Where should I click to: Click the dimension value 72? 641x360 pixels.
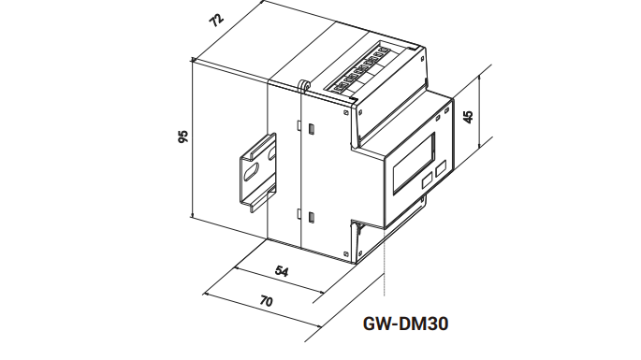coord(216,20)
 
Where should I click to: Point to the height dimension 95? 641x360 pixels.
coord(183,137)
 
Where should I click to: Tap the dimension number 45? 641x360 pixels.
coord(469,117)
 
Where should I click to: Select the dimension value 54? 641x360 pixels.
coord(282,271)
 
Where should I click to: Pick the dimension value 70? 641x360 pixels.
coord(266,301)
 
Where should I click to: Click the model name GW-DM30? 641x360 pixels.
coord(405,324)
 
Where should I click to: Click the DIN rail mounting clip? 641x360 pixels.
coord(258,173)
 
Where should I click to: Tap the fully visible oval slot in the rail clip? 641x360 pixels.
coord(249,172)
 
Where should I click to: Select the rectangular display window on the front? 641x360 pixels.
coord(414,164)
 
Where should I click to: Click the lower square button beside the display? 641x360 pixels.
coord(427,180)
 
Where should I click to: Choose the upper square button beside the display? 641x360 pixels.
coord(441,168)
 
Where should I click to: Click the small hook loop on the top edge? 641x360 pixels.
coord(304,85)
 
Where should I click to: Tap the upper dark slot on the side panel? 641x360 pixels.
coord(311,129)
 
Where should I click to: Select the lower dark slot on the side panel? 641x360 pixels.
coord(311,217)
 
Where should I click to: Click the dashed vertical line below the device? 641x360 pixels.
coord(385,262)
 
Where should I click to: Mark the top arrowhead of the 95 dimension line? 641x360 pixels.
coord(193,62)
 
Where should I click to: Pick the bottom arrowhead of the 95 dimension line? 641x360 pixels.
coord(192,215)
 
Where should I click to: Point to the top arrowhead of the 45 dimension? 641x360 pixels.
coord(479,78)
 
